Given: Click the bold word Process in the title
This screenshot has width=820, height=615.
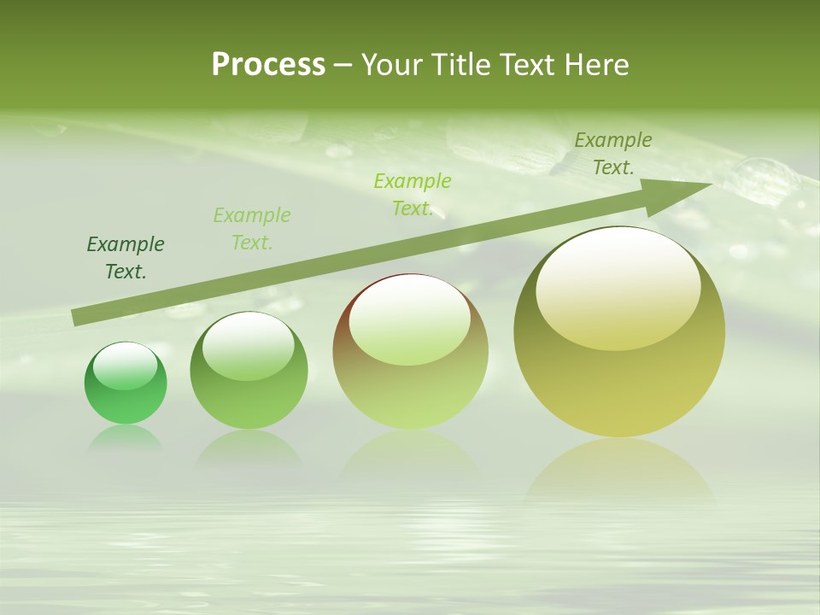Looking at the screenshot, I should point(268,65).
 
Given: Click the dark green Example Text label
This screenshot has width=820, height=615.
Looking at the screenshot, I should point(126,258).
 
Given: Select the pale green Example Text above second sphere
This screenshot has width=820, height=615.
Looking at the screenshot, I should point(252,229).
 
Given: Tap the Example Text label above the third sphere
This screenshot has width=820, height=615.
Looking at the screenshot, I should point(413,195).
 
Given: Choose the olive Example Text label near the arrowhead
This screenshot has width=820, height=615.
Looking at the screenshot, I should point(613,154).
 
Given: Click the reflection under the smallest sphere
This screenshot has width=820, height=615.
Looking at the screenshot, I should point(126,437).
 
